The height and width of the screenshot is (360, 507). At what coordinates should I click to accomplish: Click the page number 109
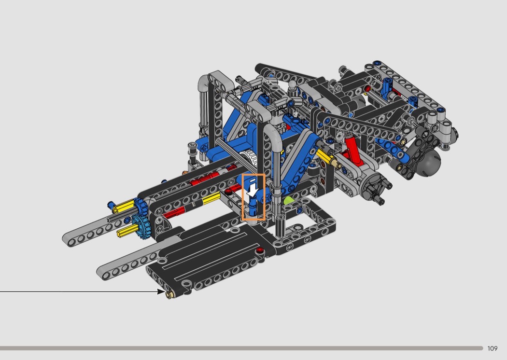pyautogui.click(x=492, y=348)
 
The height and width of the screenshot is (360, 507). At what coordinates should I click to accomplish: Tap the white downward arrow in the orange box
pyautogui.click(x=253, y=190)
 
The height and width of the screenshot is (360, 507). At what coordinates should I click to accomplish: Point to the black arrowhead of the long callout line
pyautogui.click(x=161, y=291)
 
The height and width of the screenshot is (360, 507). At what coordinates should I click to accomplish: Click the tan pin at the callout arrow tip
pyautogui.click(x=169, y=294)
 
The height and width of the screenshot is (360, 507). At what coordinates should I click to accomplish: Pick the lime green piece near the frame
pyautogui.click(x=288, y=200)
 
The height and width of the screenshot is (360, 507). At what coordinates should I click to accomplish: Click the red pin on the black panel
pyautogui.click(x=259, y=250)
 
